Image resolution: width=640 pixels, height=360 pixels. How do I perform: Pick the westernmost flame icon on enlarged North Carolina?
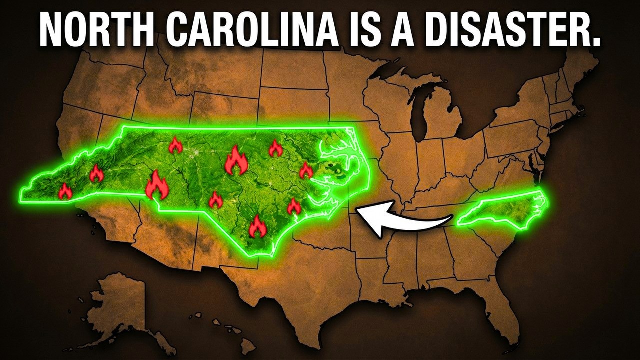65,191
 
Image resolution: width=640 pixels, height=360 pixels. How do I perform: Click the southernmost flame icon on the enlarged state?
257,227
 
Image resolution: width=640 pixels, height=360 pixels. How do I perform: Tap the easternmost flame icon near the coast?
306,171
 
